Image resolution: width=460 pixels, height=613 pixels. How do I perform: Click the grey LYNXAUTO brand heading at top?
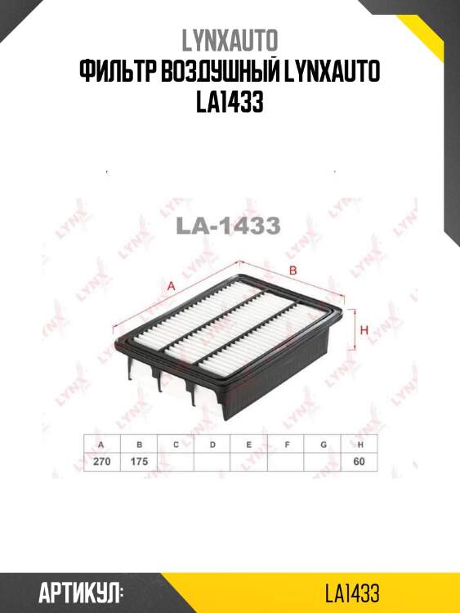tap(230, 40)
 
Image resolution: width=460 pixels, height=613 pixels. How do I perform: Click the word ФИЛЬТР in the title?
tap(117, 72)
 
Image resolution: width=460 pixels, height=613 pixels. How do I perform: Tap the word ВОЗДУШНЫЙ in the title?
tap(219, 72)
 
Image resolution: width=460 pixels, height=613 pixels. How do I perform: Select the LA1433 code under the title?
tap(230, 102)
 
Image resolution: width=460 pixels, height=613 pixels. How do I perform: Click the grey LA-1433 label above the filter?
tap(229, 226)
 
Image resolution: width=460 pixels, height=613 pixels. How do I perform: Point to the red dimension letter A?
tap(171, 287)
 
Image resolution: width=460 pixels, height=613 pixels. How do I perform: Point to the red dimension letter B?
tap(293, 271)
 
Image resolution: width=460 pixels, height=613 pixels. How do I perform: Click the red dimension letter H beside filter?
tap(364, 330)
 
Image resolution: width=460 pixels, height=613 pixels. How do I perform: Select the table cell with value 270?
tap(101, 462)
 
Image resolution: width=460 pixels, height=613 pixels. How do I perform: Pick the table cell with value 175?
tap(139, 462)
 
